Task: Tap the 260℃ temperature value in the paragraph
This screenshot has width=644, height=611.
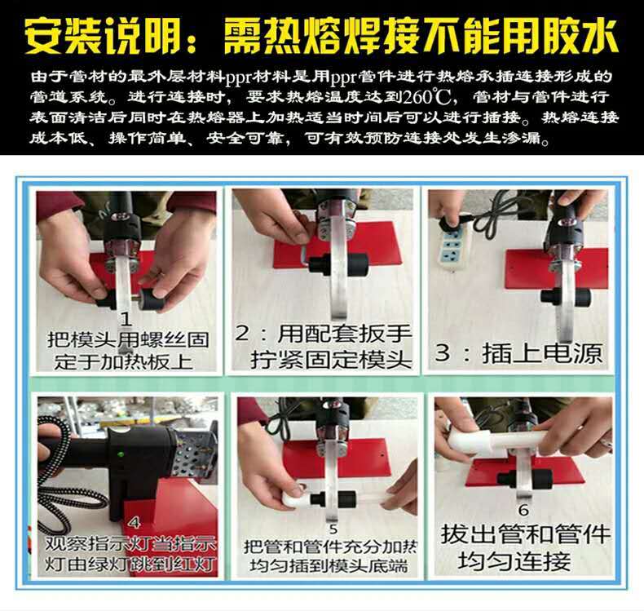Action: click(426, 98)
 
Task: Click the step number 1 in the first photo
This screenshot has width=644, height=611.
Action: click(126, 319)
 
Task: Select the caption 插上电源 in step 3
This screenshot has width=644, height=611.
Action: click(542, 353)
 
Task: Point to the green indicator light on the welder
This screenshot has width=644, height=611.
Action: click(121, 454)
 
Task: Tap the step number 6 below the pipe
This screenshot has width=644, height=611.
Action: click(523, 510)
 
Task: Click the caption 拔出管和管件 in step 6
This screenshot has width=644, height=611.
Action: click(525, 534)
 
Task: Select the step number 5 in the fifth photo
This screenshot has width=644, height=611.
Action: click(333, 529)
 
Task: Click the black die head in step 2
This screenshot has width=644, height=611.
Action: click(338, 264)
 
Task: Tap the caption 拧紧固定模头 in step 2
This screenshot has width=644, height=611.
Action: click(331, 361)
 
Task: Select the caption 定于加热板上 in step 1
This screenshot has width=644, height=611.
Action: click(124, 362)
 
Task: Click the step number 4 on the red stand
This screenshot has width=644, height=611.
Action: click(135, 522)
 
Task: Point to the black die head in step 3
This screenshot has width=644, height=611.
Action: click(565, 295)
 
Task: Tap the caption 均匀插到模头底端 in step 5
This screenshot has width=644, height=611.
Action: click(329, 565)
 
